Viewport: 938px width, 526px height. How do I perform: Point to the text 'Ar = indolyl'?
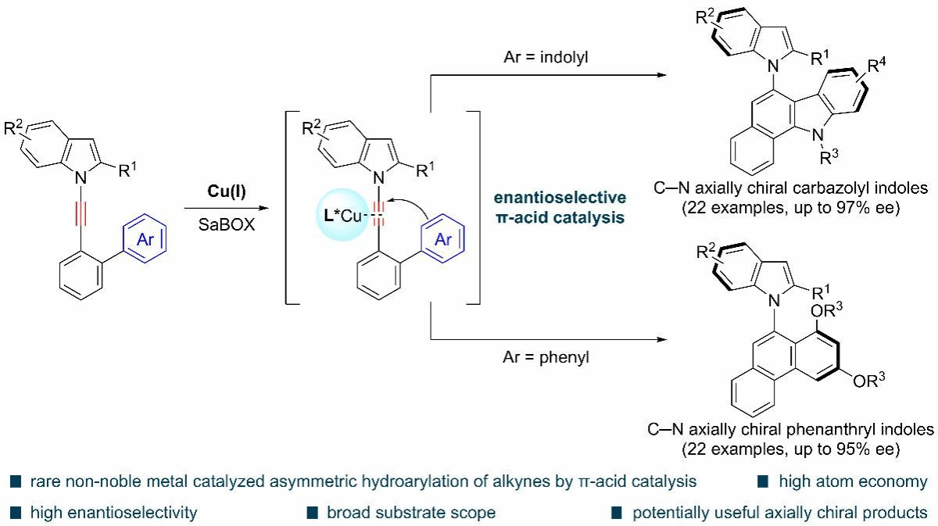[542, 58]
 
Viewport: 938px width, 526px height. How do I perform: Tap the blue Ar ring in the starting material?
[143, 241]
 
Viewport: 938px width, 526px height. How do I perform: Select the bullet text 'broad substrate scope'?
[411, 513]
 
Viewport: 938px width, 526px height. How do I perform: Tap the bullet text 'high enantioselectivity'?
[113, 513]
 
